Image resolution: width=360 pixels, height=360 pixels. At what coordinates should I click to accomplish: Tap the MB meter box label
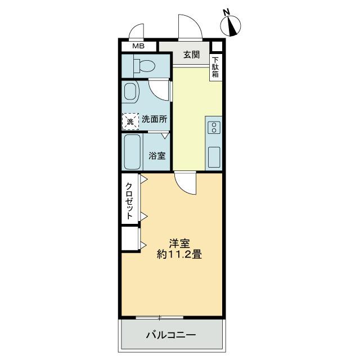138,46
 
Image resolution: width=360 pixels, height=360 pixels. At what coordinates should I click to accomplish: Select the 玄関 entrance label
191,55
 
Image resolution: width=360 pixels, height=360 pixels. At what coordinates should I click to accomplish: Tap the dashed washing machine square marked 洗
130,120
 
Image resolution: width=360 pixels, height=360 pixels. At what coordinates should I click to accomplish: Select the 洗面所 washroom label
154,119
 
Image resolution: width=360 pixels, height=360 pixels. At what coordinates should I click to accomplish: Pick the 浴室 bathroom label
157,156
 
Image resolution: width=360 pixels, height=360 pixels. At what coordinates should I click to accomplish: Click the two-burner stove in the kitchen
214,128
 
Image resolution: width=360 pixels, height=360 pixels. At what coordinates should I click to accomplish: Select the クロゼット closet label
129,200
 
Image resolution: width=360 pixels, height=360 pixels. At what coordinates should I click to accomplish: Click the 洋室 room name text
179,243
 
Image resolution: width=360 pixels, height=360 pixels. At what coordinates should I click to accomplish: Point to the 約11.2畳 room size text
179,254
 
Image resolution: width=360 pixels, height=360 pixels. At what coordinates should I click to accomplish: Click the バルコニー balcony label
172,335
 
